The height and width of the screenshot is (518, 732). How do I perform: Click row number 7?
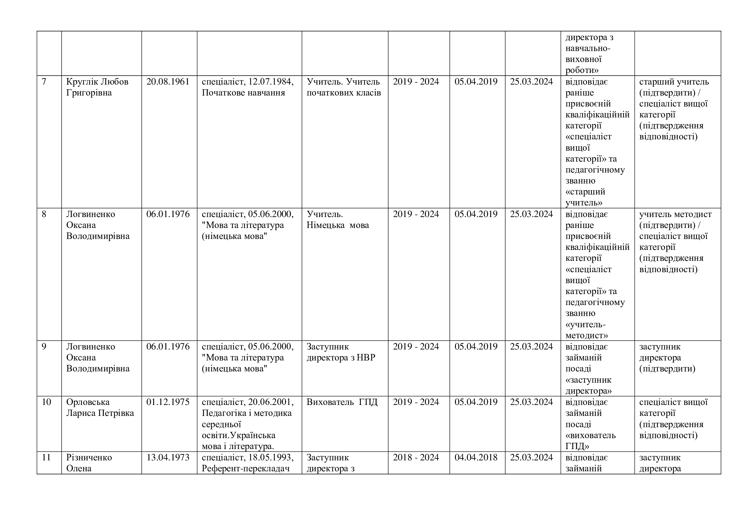tap(44, 82)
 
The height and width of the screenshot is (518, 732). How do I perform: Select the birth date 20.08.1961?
tap(168, 82)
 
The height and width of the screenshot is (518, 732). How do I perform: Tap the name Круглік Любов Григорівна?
tap(97, 87)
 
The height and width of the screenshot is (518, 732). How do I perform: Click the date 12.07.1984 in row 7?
tap(271, 82)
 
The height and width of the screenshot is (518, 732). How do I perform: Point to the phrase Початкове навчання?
tap(243, 93)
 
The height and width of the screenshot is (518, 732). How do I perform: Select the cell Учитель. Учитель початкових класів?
tap(343, 87)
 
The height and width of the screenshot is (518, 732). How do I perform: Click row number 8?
tap(44, 214)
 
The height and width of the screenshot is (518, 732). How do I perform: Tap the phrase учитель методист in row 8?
tap(675, 214)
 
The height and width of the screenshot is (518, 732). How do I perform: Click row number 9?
tap(44, 346)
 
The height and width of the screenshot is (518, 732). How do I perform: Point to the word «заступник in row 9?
tap(588, 380)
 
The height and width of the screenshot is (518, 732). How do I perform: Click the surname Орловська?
tap(88, 402)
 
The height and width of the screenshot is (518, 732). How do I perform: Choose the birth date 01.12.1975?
tap(168, 402)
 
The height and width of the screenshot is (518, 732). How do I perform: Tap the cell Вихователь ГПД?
tap(342, 402)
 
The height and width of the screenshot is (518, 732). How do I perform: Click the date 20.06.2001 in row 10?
tap(271, 402)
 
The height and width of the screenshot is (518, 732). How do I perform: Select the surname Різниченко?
tap(89, 457)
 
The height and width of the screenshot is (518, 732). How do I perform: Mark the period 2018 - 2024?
tap(416, 457)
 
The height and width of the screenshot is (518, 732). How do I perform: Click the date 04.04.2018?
tap(476, 457)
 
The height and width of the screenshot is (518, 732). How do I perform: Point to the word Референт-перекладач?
tap(245, 469)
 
